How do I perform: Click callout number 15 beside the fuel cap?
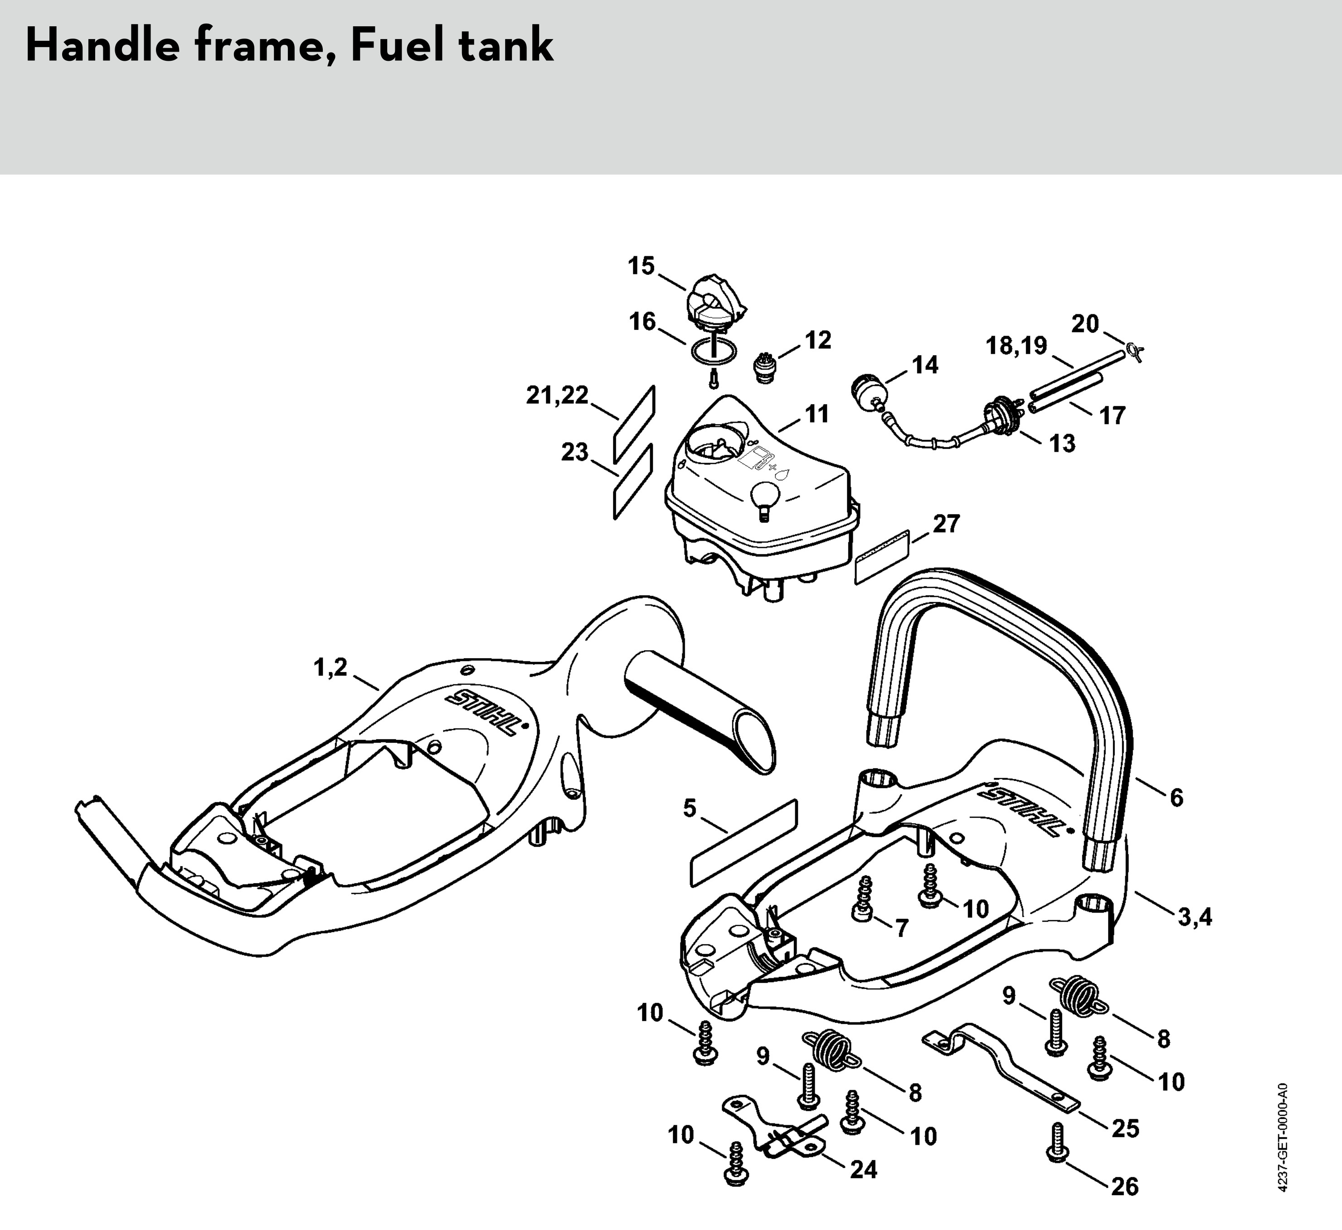(x=642, y=266)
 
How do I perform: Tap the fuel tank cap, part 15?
(x=715, y=303)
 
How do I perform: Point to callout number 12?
(x=818, y=340)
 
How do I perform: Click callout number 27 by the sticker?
(x=946, y=524)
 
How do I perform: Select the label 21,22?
(x=557, y=395)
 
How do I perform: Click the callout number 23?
(x=575, y=452)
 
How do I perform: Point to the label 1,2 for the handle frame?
(x=331, y=667)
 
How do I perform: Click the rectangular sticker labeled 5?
(x=743, y=843)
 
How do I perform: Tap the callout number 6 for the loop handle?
(x=1176, y=798)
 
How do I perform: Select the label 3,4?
(x=1195, y=917)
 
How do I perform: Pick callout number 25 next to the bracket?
(x=1125, y=1128)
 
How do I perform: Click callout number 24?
(x=863, y=1169)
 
